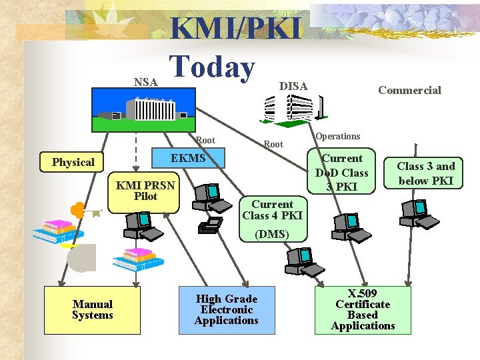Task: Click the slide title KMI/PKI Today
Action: [237, 47]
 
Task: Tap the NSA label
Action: [145, 83]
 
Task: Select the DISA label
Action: [293, 86]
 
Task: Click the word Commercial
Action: [409, 91]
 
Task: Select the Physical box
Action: [73, 163]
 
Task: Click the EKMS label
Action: [189, 159]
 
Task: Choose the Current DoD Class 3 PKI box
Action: [342, 173]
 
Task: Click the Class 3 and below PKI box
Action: [425, 173]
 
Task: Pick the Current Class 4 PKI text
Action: [272, 210]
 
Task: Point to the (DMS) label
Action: [272, 234]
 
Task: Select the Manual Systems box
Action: [92, 310]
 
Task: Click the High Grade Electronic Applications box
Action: [226, 310]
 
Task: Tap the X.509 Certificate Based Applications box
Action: [363, 310]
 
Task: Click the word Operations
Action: [337, 136]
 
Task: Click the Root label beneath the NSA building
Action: [205, 141]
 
